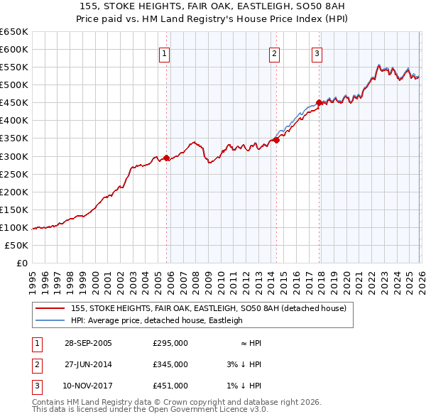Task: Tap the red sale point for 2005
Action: point(166,158)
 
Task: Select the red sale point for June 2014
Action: point(276,140)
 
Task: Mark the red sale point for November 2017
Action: point(319,102)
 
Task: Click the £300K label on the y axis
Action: point(14,156)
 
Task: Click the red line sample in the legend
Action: point(50,308)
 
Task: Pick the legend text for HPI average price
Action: point(156,320)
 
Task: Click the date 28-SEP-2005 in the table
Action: point(88,342)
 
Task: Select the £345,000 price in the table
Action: point(170,364)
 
